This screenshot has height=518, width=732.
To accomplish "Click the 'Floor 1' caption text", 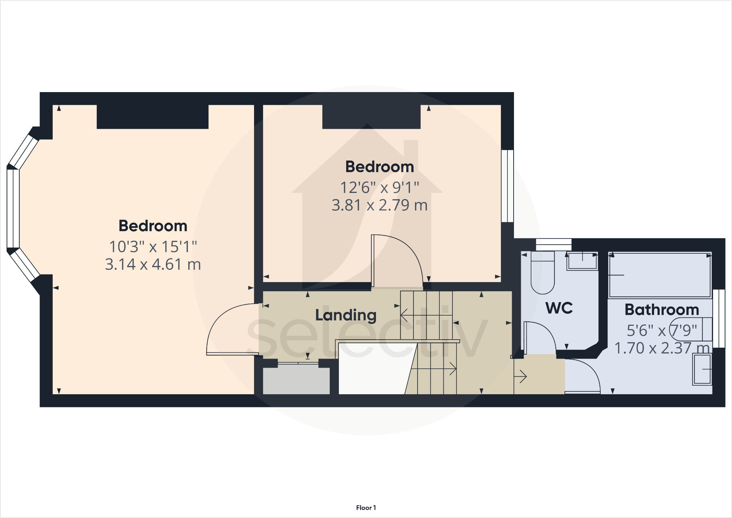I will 366,507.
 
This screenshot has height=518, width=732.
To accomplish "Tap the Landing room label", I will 346,315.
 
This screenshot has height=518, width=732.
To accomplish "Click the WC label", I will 559,308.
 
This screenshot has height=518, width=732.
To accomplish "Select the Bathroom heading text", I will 662,310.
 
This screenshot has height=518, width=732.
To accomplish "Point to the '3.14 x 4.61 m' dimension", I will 153,265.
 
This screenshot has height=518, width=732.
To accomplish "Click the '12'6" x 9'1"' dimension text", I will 379,188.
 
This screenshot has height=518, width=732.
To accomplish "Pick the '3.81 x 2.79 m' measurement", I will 379,205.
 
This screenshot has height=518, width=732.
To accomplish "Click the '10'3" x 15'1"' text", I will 153,247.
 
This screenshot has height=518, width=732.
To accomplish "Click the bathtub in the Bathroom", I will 660,275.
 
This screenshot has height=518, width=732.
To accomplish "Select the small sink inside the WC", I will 582,261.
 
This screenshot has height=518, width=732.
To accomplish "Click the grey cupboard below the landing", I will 296,381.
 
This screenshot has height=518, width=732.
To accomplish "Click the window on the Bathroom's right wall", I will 719,319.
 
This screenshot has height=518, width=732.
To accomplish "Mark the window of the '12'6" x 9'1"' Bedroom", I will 507,186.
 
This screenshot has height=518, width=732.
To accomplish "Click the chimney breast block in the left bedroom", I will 153,117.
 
